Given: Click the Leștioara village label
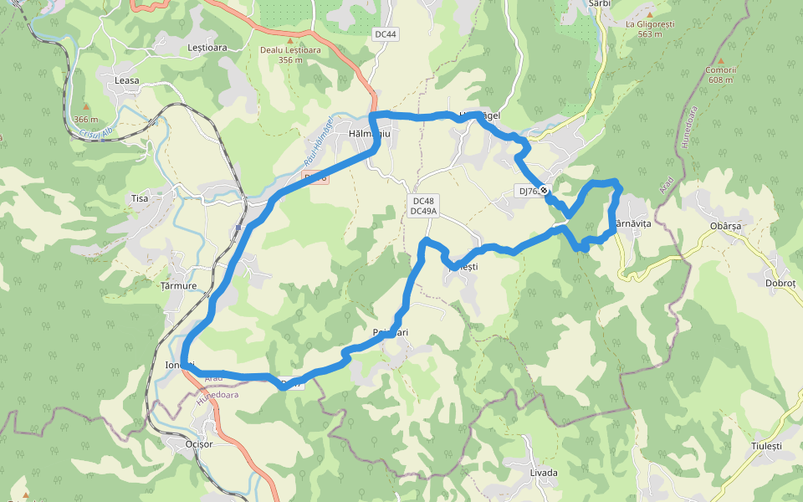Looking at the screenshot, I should [207, 48].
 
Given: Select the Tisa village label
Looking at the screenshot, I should [140, 198].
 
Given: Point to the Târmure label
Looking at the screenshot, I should [178, 286].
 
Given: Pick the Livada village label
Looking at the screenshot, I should [544, 473].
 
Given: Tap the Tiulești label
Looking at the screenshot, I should [766, 447].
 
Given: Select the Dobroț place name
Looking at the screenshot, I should [780, 283].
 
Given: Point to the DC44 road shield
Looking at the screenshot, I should [386, 33].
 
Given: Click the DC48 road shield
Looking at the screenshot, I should [423, 201].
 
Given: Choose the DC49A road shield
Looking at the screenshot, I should [425, 212].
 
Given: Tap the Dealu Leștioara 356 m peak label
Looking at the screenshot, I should [290, 54].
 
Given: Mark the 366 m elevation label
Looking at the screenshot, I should [85, 118].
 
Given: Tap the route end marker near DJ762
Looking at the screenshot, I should [545, 191].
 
